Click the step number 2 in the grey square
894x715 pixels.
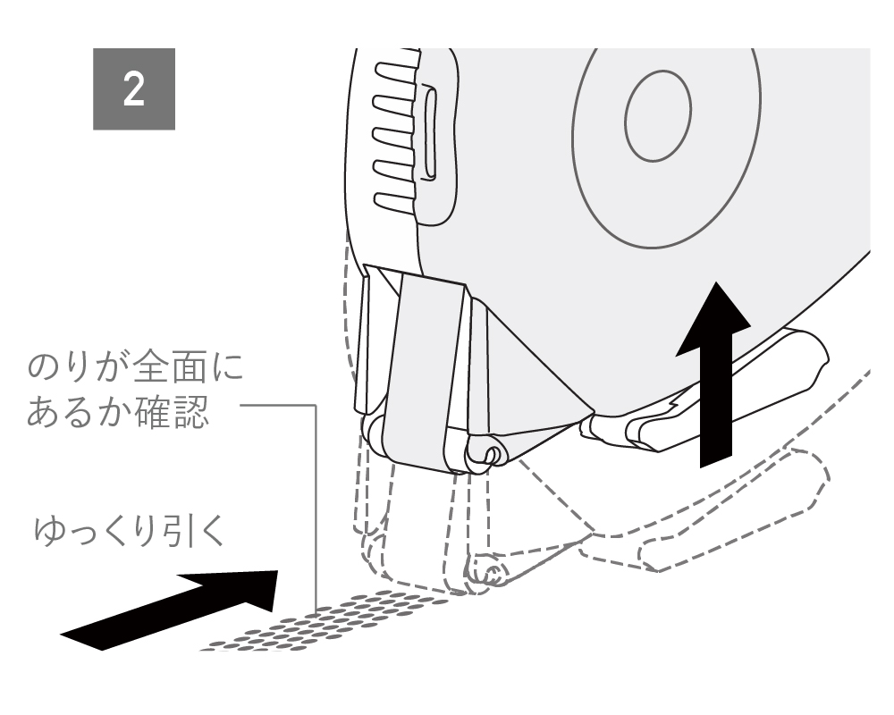tap(133, 89)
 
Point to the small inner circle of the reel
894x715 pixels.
tap(657, 116)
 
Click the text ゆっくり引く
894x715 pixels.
tap(130, 532)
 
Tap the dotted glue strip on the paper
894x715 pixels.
tap(325, 621)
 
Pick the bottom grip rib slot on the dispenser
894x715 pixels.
tap(394, 200)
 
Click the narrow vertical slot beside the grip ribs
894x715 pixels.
tap(431, 131)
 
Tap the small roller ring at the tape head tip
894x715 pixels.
tap(493, 454)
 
